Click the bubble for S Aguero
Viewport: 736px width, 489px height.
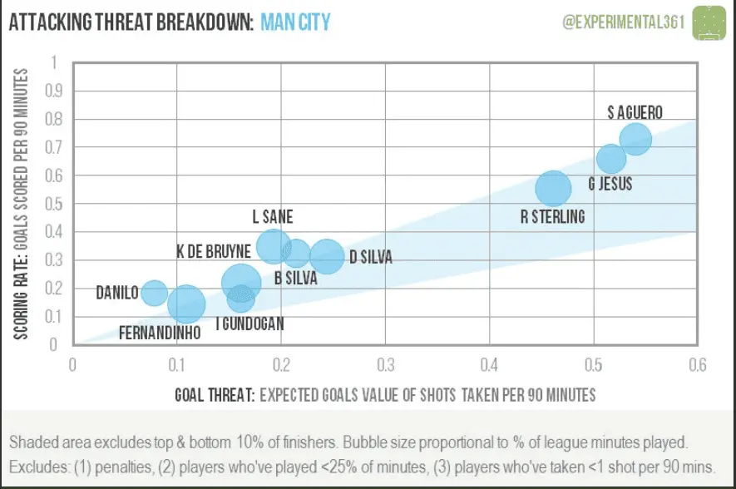[635, 139]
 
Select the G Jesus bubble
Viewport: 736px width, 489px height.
[611, 158]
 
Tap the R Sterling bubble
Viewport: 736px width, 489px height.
[553, 188]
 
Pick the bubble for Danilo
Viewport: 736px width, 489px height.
[154, 292]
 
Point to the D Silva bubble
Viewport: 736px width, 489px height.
[328, 257]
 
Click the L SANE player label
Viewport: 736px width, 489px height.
[273, 217]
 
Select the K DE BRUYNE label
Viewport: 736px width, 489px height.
[215, 250]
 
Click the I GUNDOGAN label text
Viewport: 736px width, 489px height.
[249, 324]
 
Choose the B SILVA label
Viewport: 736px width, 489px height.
[296, 279]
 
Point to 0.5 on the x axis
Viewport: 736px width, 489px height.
[594, 364]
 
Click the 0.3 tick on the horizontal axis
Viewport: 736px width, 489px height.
[386, 364]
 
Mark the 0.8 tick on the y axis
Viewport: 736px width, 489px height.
[54, 119]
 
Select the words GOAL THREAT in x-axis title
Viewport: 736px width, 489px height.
[213, 394]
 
